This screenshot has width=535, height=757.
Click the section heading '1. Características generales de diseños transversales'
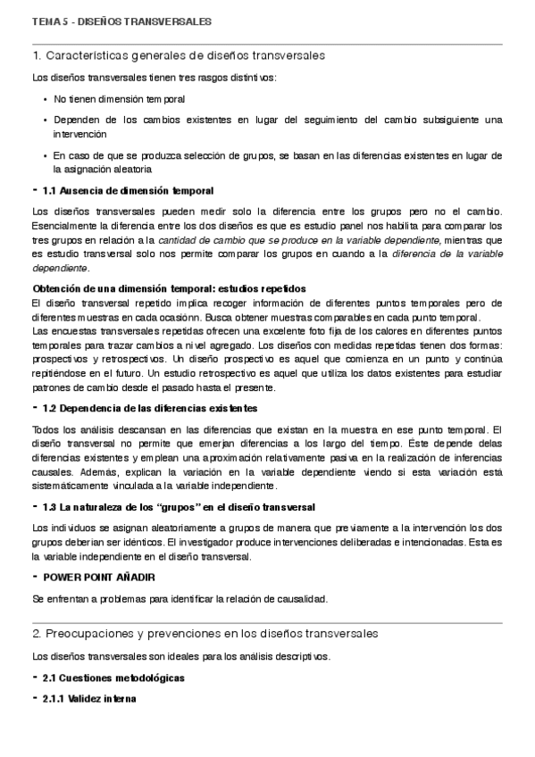click(178, 55)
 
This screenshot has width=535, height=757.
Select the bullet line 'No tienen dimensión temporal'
click(120, 98)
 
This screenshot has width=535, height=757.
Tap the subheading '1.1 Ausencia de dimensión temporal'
click(128, 191)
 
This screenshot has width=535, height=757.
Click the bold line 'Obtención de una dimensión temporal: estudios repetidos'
click(169, 288)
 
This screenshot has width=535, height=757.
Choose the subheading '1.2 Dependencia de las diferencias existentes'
click(150, 408)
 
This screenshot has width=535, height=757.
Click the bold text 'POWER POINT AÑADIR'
click(99, 578)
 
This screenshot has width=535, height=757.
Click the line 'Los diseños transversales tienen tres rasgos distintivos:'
click(154, 78)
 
